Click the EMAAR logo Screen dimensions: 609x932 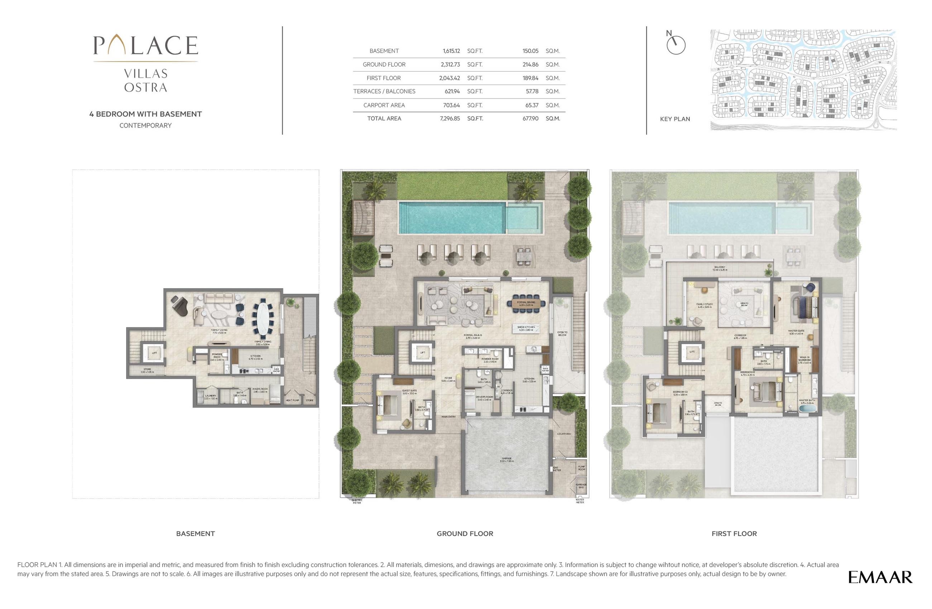point(880,577)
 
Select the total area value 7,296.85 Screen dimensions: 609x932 point(450,118)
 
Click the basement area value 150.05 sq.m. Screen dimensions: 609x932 point(530,51)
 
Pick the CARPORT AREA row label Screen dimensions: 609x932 point(384,105)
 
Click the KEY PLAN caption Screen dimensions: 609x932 point(675,119)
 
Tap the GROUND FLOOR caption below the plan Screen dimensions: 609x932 point(465,533)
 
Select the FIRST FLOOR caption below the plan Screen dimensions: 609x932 point(734,533)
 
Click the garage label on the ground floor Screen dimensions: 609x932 point(507,460)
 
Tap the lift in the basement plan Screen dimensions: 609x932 point(154,353)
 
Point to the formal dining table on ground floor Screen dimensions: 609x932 point(526,303)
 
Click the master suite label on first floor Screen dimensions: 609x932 point(796,332)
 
